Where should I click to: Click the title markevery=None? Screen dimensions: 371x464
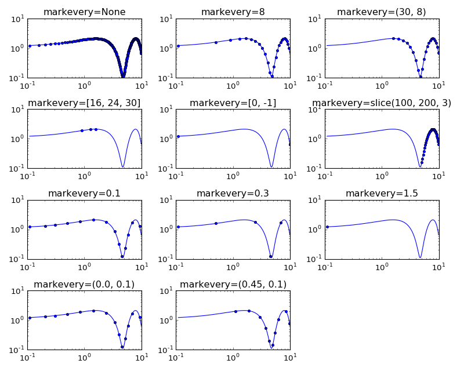tap(84, 12)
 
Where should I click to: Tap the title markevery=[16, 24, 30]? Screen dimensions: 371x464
tap(84, 103)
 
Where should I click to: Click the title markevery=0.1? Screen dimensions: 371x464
tap(84, 194)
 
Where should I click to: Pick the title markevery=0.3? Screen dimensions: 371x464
tap(233, 194)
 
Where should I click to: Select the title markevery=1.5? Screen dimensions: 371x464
tap(382, 194)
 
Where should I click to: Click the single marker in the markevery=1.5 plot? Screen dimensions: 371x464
tap(327, 227)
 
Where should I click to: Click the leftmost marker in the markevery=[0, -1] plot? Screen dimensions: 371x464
tap(178, 136)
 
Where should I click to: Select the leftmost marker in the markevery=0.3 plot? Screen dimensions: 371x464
tap(178, 227)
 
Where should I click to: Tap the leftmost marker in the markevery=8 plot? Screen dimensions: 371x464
tap(178, 46)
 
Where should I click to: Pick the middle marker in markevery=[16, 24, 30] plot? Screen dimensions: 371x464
tap(91, 129)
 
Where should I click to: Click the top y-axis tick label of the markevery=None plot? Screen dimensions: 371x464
tap(17, 19)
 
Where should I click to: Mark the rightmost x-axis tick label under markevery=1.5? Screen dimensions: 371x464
tap(439, 267)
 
